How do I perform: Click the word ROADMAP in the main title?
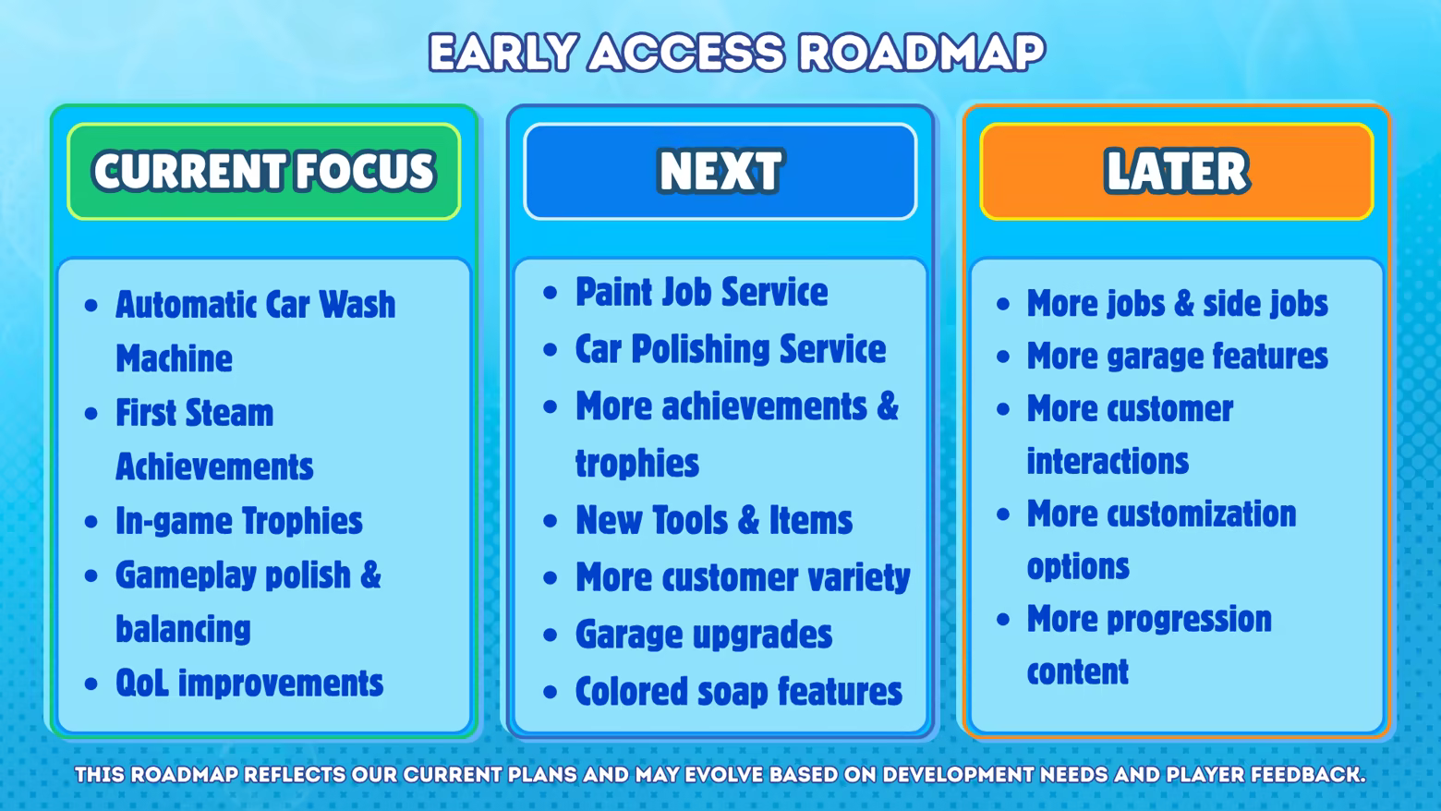pyautogui.click(x=921, y=52)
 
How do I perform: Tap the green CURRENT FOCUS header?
pyautogui.click(x=264, y=172)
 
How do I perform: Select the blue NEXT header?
pyautogui.click(x=720, y=172)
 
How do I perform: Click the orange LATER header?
pyautogui.click(x=1177, y=172)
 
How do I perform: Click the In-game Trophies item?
pyautogui.click(x=238, y=521)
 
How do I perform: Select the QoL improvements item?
pyautogui.click(x=249, y=683)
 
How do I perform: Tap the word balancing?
pyautogui.click(x=183, y=629)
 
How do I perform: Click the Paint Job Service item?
pyautogui.click(x=701, y=292)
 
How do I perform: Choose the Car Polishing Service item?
pyautogui.click(x=730, y=349)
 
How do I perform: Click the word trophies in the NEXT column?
pyautogui.click(x=636, y=463)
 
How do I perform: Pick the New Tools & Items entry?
pyautogui.click(x=713, y=520)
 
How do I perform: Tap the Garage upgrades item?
pyautogui.click(x=704, y=635)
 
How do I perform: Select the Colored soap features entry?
pyautogui.click(x=739, y=691)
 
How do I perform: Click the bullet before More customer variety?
pyautogui.click(x=550, y=577)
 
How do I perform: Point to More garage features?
pyautogui.click(x=1177, y=357)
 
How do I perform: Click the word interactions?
pyautogui.click(x=1108, y=461)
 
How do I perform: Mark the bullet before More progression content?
pyautogui.click(x=1003, y=620)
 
